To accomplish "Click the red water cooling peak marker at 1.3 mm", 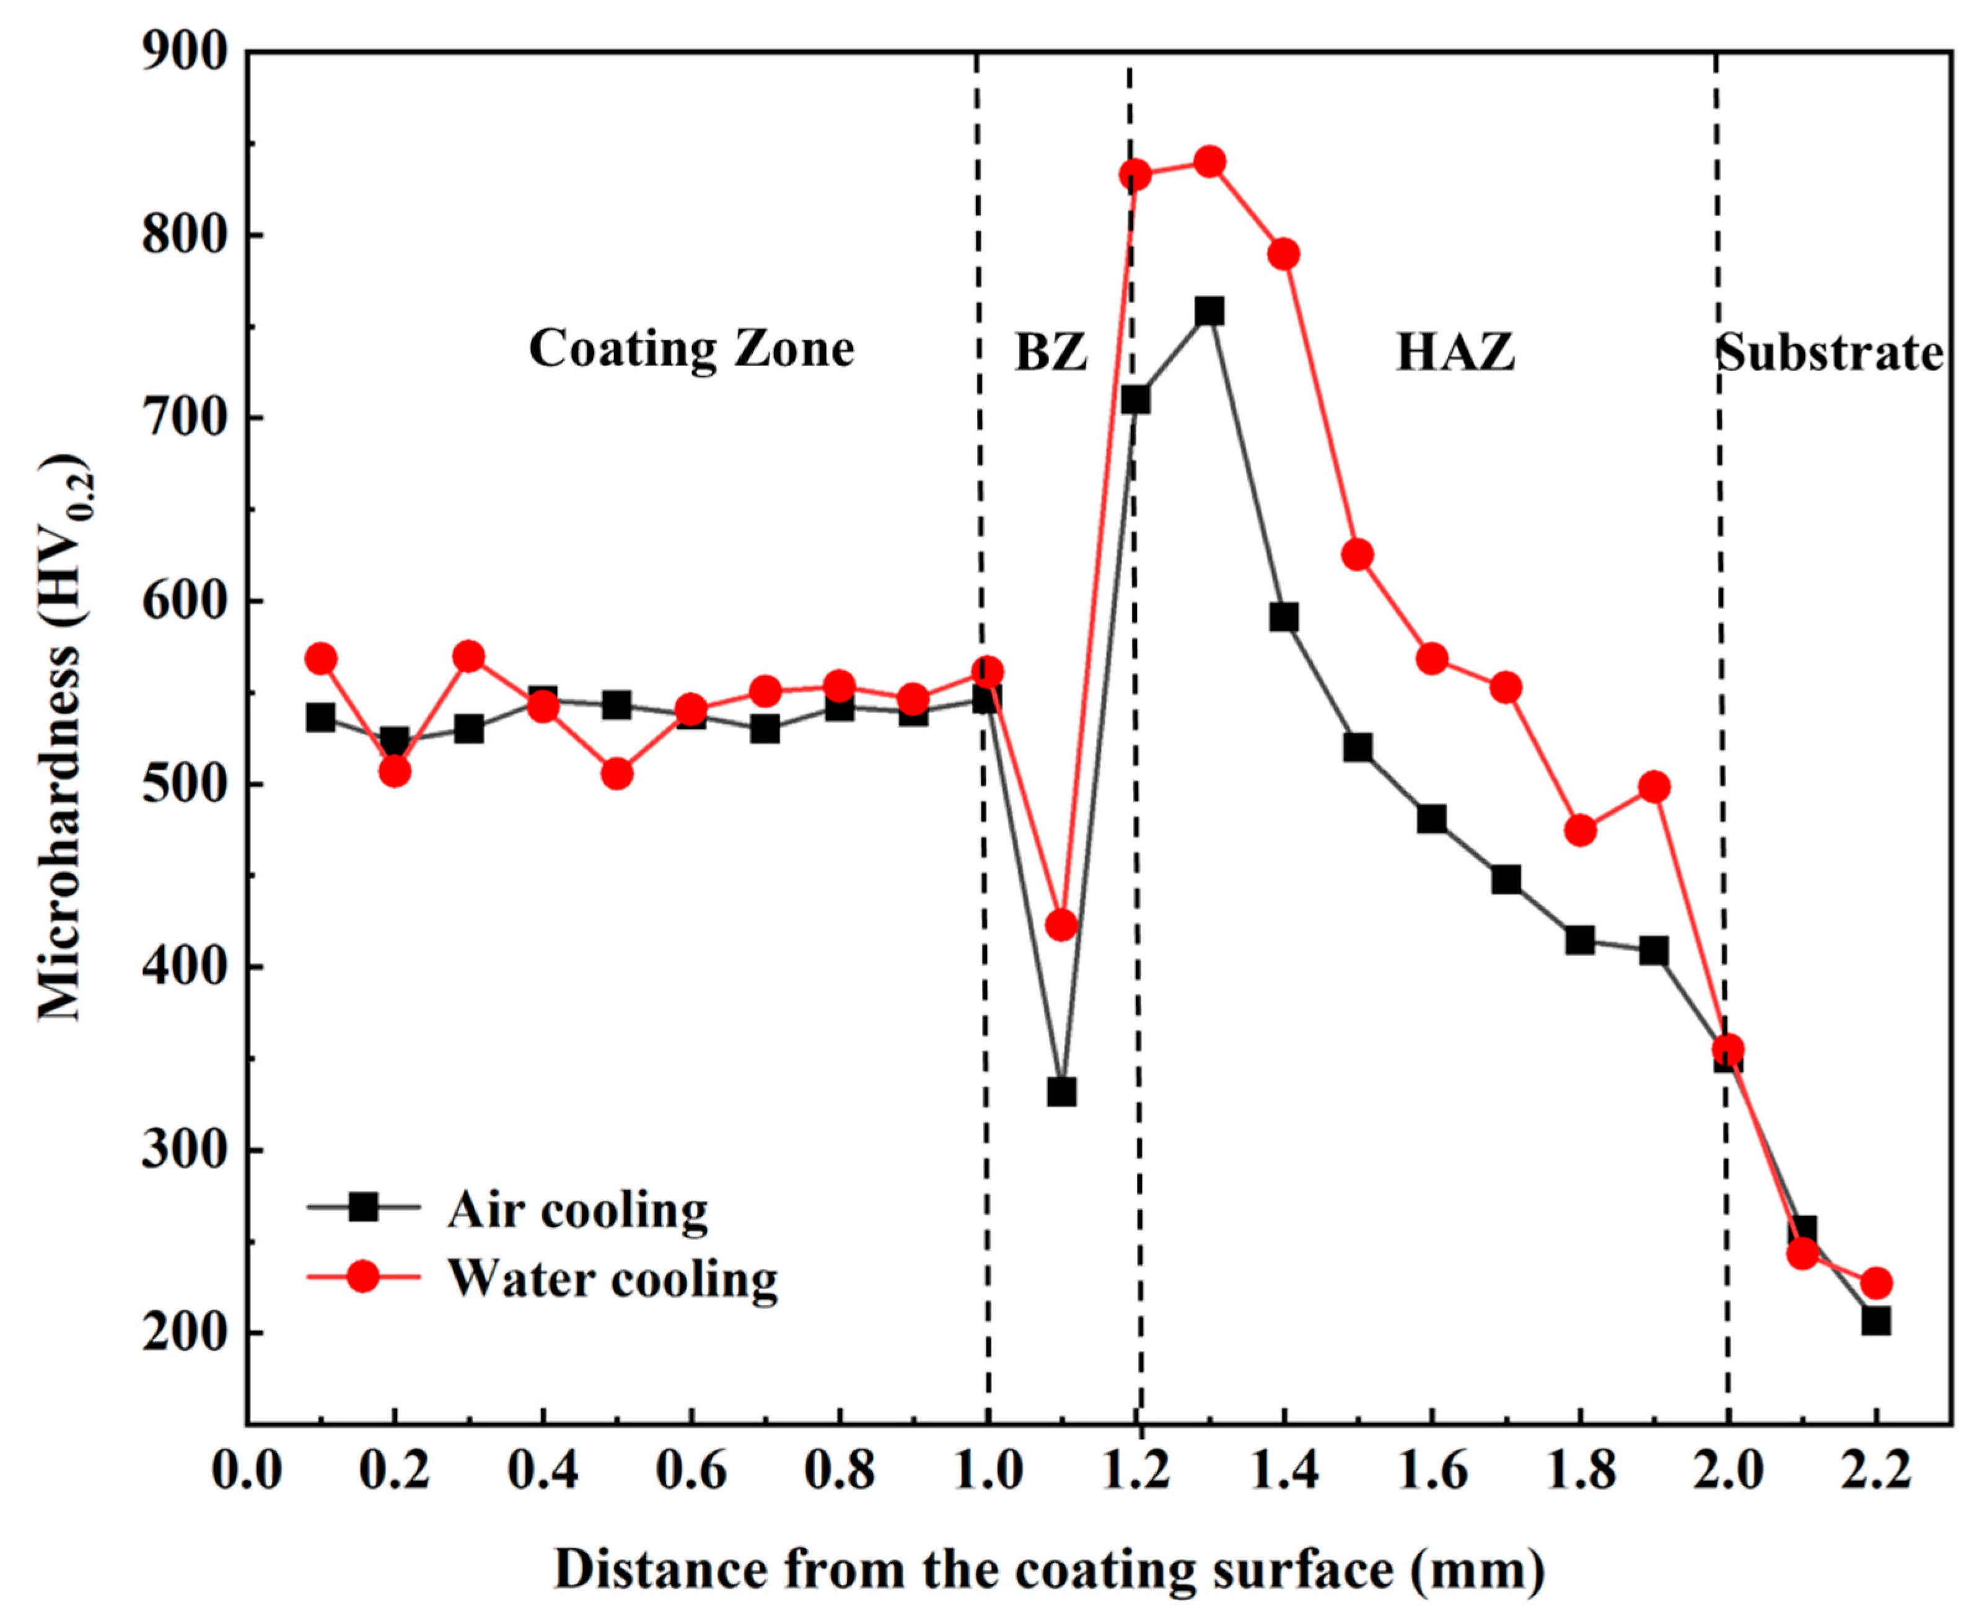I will [x=1209, y=162].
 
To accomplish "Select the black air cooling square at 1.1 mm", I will [x=1061, y=1091].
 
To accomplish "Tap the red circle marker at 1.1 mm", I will [x=1061, y=924].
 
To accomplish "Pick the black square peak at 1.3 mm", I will [x=1209, y=310].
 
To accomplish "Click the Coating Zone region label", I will [x=691, y=351].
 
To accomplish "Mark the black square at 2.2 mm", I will [x=1875, y=1321].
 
